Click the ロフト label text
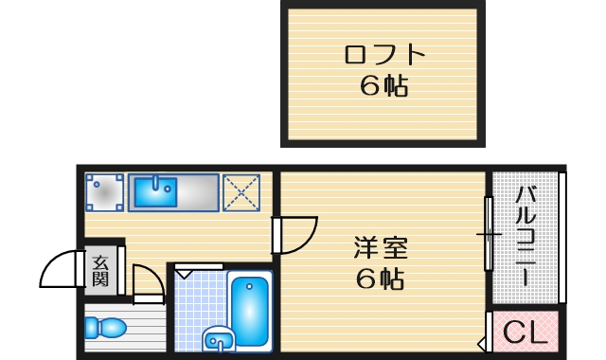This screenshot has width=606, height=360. (x=383, y=54)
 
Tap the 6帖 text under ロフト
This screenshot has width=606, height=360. (x=383, y=86)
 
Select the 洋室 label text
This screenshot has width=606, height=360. (x=381, y=248)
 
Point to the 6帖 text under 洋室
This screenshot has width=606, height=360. (x=381, y=279)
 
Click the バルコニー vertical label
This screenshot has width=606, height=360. (x=526, y=237)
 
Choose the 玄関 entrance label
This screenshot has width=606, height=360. (x=100, y=269)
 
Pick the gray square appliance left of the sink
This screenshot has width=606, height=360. (x=103, y=192)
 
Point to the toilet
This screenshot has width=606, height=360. (x=104, y=329)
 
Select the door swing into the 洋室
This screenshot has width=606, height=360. (x=297, y=234)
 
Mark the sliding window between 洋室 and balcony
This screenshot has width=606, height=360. (x=489, y=232)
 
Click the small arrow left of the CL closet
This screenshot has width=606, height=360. (x=482, y=333)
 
